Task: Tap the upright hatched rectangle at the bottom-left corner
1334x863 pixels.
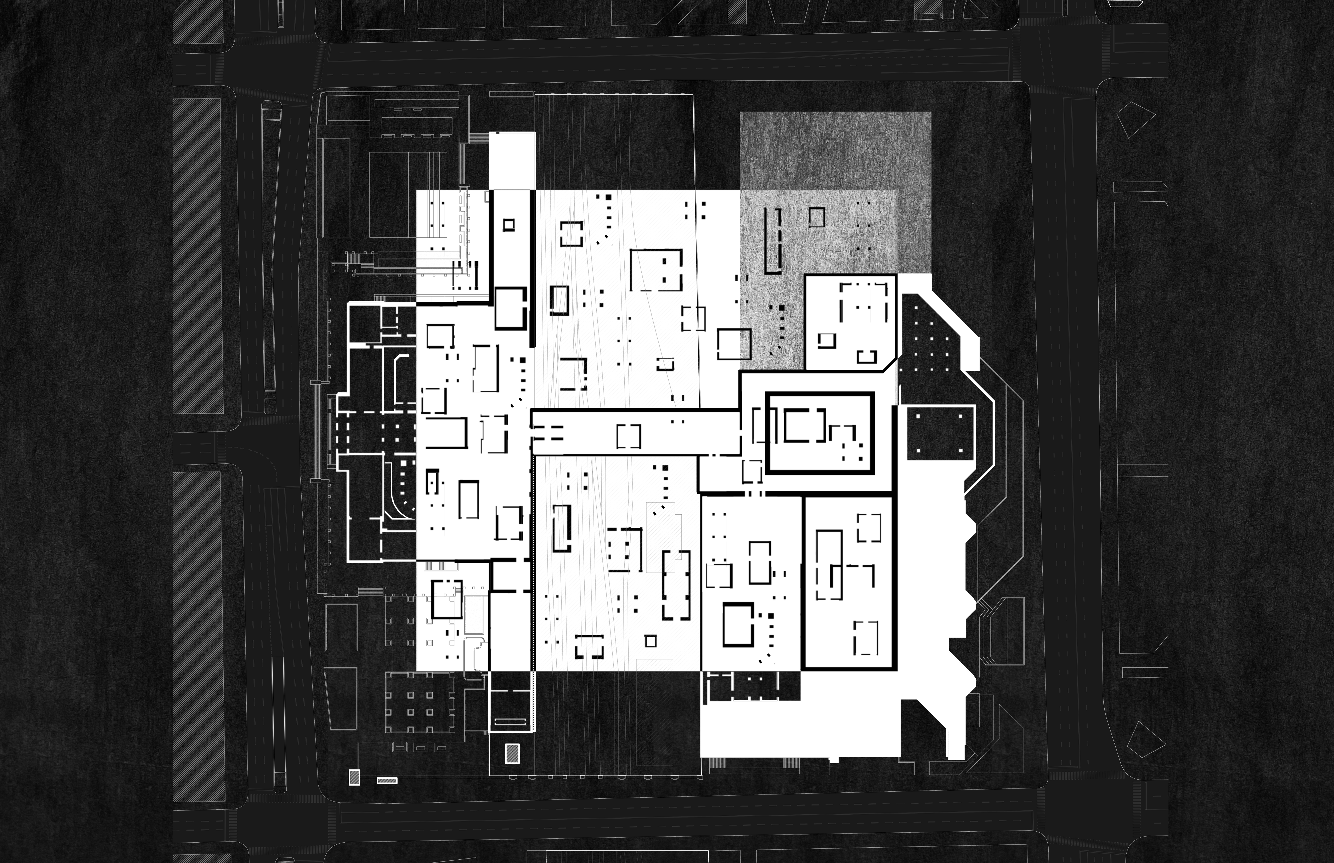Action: coord(354,777)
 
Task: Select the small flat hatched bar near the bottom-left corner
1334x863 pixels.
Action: coord(387,780)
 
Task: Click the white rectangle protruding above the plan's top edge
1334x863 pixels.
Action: coord(512,161)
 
